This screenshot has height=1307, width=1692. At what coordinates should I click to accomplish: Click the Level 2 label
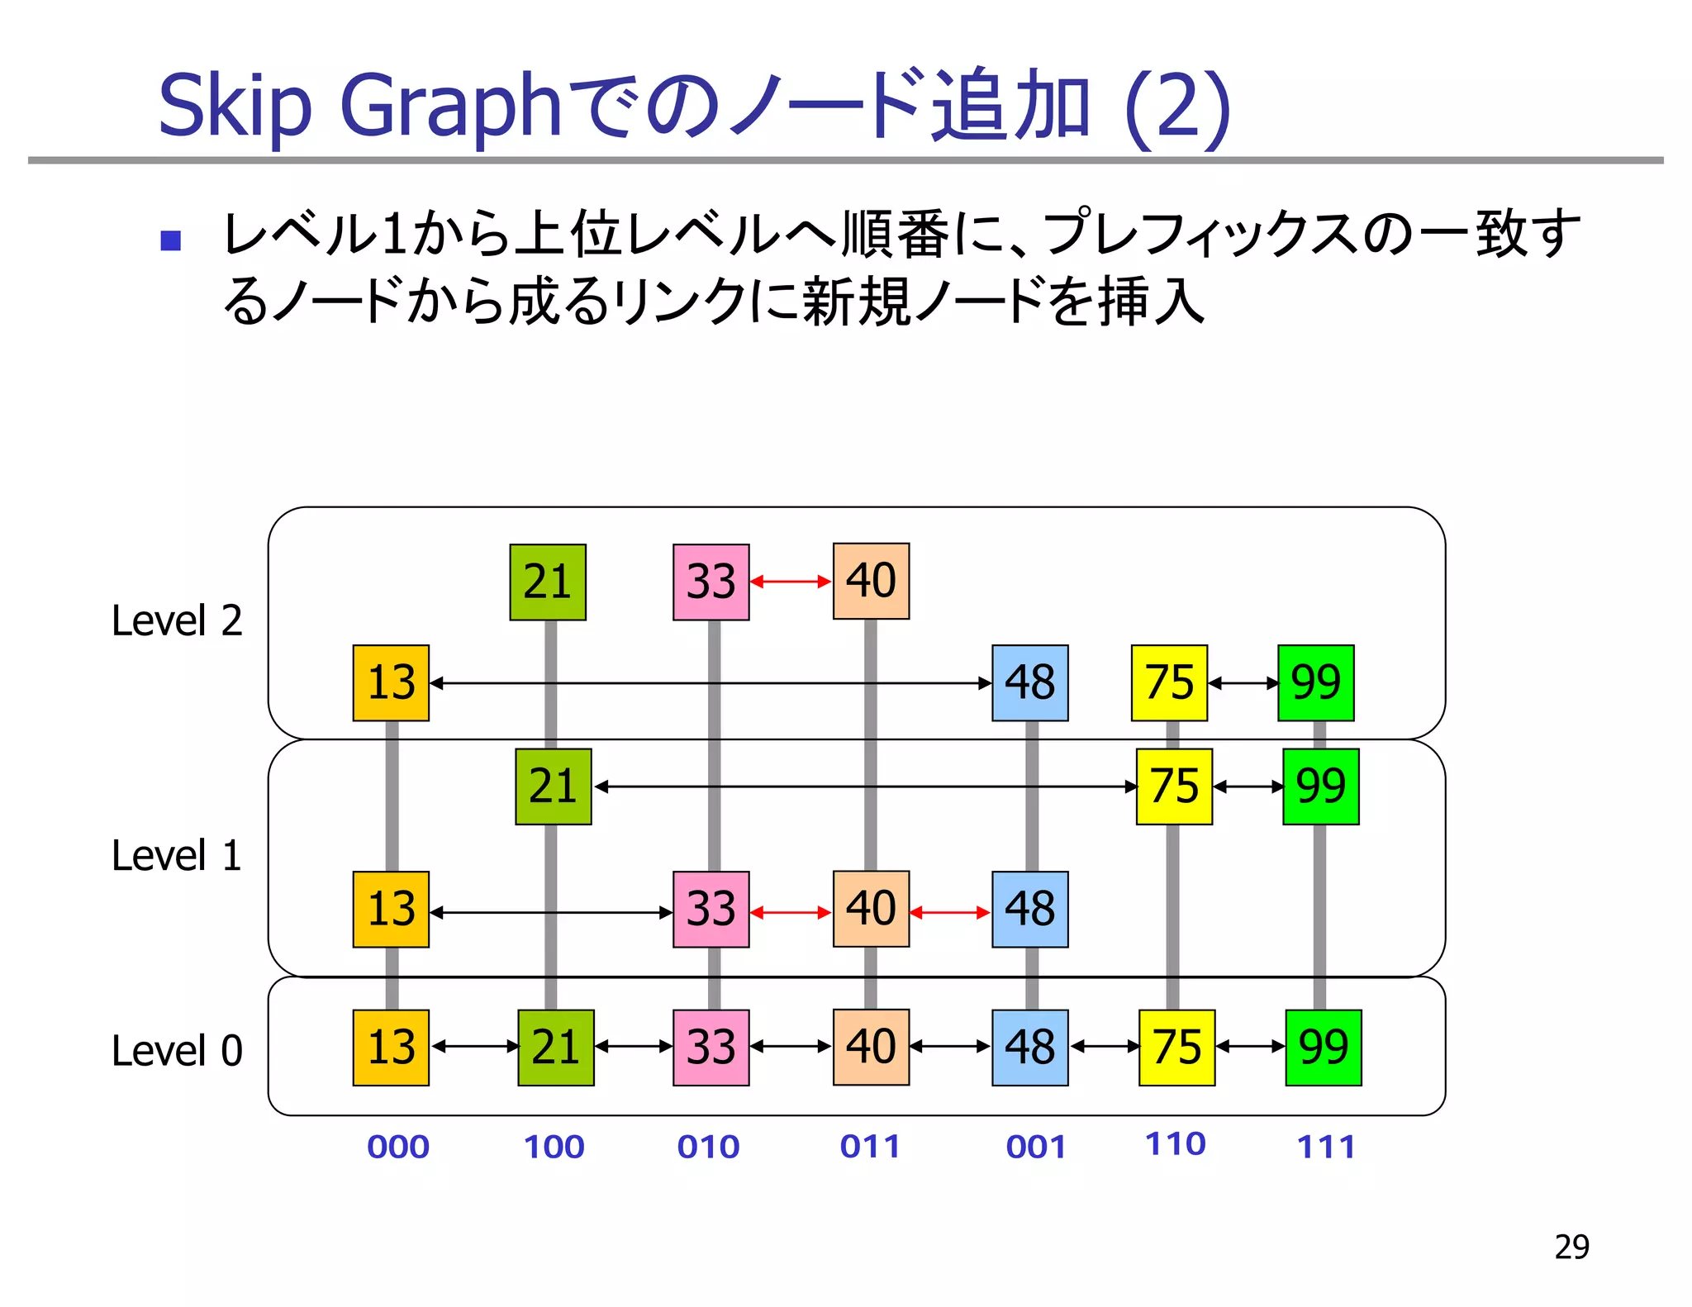pos(177,621)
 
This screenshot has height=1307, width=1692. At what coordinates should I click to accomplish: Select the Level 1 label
pos(177,856)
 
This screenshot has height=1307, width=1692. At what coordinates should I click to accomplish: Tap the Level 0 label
pos(177,1051)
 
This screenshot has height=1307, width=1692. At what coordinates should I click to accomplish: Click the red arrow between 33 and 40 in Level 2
pos(791,582)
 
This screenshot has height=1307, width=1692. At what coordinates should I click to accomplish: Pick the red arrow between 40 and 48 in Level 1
pos(950,913)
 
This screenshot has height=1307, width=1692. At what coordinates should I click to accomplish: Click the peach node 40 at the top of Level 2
pos(871,581)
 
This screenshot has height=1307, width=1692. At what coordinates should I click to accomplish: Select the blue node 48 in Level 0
pos(1029,1048)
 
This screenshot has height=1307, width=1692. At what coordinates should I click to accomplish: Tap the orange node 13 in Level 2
pos(391,683)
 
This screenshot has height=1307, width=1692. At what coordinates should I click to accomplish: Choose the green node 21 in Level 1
pos(553,787)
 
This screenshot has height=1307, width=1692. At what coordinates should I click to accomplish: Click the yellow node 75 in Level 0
pos(1176,1048)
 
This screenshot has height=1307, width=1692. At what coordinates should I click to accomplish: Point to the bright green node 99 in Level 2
pos(1315,683)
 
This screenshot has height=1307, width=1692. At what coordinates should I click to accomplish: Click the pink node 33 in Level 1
pos(711,909)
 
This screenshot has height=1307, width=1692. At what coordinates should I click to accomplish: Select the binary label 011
pos(870,1147)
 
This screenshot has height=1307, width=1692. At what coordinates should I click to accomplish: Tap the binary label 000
pos(398,1147)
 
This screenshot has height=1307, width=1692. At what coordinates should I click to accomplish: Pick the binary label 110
pos(1175,1144)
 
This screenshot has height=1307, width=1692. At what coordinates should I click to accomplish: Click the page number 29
pos(1571,1247)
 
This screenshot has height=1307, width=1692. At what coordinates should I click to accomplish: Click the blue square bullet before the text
pos(171,240)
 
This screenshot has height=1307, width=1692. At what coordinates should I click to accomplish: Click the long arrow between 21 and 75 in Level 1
pos(865,787)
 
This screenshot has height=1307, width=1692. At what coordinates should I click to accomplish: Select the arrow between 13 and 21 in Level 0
pos(474,1047)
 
